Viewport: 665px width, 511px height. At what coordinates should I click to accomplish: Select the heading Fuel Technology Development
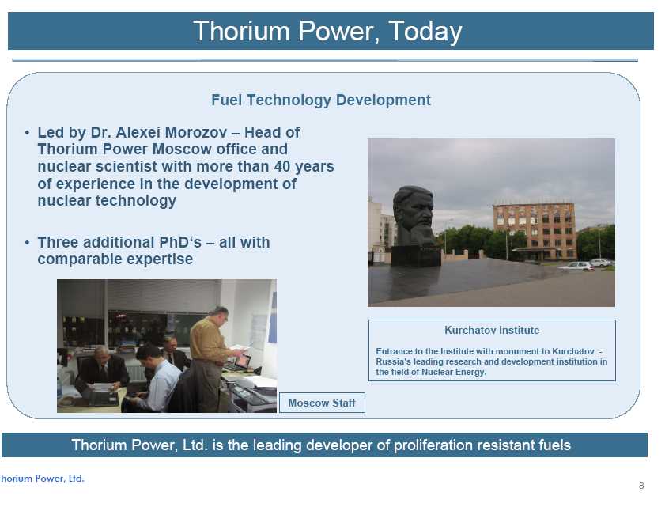[x=321, y=100]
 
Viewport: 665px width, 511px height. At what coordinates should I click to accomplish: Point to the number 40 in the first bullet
[x=282, y=166]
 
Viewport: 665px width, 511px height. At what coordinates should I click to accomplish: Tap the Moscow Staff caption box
[x=322, y=403]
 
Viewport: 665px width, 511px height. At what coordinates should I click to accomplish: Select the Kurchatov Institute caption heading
[x=492, y=330]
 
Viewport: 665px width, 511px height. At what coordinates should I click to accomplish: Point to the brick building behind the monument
[x=535, y=231]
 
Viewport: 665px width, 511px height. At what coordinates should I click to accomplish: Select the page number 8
[x=641, y=486]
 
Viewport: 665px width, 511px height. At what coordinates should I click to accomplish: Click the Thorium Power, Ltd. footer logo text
[x=42, y=479]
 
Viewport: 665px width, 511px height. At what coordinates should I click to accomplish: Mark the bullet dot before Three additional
[x=27, y=242]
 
